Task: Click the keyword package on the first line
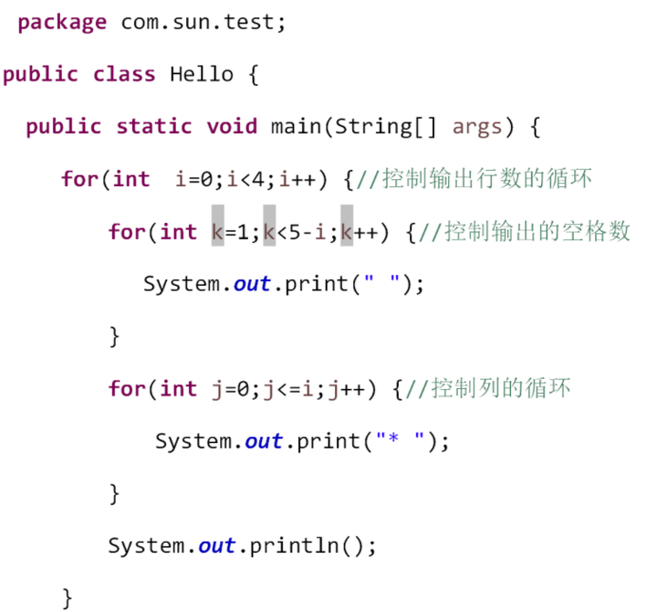pos(61,23)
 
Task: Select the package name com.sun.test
pos(203,23)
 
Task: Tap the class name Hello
pos(202,75)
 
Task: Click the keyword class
pos(124,75)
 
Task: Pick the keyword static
pos(154,127)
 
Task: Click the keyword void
pos(232,127)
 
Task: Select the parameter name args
pos(477,127)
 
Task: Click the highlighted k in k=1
pos(218,232)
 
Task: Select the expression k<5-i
pos(296,232)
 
